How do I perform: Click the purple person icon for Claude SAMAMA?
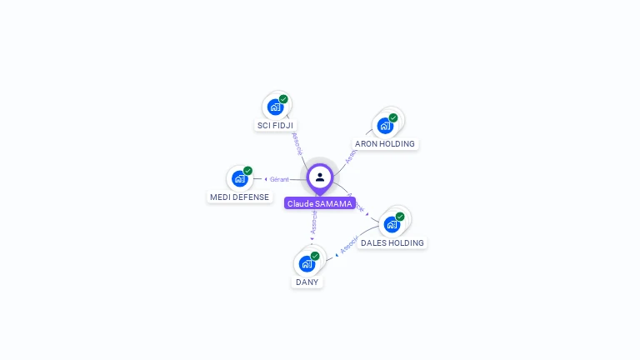coord(320,177)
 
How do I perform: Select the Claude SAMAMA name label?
coord(320,203)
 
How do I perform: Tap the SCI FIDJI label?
coord(275,125)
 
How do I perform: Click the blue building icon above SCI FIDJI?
coord(276,107)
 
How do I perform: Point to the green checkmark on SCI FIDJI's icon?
coord(283,99)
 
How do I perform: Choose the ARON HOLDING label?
coord(385,143)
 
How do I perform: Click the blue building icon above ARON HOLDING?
coord(385,126)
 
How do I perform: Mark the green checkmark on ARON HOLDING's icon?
coord(393,117)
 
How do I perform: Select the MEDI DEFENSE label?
coord(240,197)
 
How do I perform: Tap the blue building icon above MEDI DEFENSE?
coord(240,178)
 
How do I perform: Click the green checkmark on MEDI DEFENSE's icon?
coord(247,171)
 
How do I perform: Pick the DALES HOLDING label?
coord(392,242)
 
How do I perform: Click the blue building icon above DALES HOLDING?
coord(392,224)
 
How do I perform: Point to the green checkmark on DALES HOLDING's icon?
coord(400,217)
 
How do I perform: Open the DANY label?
coord(307,282)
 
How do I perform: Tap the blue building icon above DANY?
coord(307,264)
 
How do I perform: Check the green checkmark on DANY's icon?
coord(315,256)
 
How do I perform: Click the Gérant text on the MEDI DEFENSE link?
coord(279,179)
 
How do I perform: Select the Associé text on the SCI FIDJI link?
coord(297,143)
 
